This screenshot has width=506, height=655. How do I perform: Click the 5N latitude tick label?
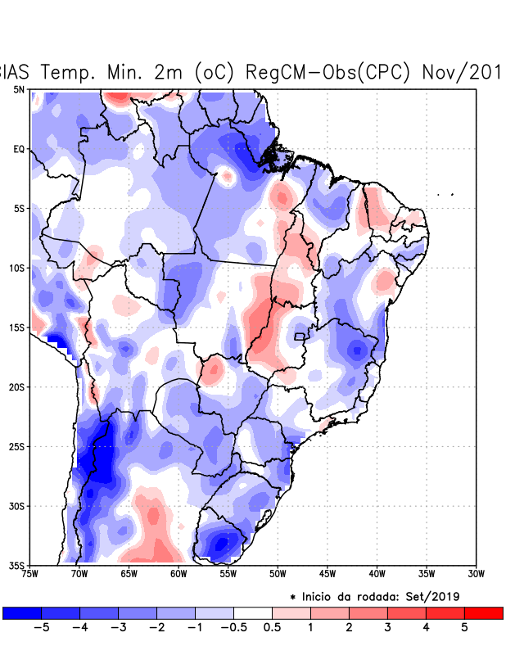tap(18, 89)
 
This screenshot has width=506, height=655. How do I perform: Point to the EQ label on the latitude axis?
tap(18, 149)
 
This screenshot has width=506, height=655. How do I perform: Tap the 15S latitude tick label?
tap(16, 327)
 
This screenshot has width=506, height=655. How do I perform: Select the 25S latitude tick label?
tap(16, 446)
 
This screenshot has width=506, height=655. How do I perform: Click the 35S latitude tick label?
tap(16, 566)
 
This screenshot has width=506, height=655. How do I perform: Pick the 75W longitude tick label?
tap(31, 574)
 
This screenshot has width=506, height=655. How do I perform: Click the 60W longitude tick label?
tap(179, 574)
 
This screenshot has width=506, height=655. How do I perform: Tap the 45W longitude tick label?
tap(328, 574)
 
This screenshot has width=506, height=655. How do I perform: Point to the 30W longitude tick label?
tap(476, 574)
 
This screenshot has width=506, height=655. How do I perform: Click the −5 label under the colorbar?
tap(41, 627)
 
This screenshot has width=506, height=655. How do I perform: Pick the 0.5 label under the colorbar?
tap(273, 627)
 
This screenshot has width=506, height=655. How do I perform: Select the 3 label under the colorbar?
tap(387, 627)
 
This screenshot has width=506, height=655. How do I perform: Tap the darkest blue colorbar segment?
tap(21, 612)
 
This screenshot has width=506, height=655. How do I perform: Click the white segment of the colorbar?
tap(253, 612)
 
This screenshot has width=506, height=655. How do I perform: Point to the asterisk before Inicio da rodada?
tap(293, 596)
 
